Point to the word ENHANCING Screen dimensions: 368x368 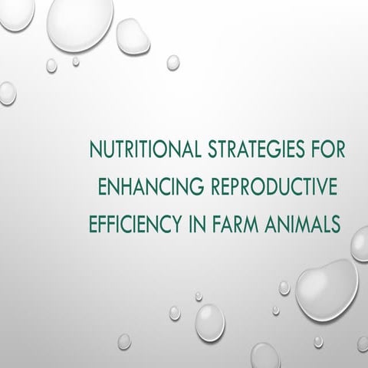[x=151, y=186]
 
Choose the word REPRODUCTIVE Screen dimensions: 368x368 [x=274, y=186]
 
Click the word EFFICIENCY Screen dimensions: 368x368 [x=135, y=224]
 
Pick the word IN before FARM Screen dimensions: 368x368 [x=197, y=224]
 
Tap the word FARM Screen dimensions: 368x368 [x=235, y=224]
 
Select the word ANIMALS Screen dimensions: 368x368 [x=303, y=224]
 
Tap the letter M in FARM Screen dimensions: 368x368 [x=250, y=224]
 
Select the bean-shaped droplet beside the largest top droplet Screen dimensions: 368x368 [x=133, y=36]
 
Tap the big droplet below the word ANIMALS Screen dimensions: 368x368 [x=327, y=290]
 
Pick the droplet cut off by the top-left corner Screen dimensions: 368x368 [x=16, y=13]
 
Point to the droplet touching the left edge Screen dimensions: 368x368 [x=8, y=94]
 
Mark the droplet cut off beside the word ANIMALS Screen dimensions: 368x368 [x=360, y=244]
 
